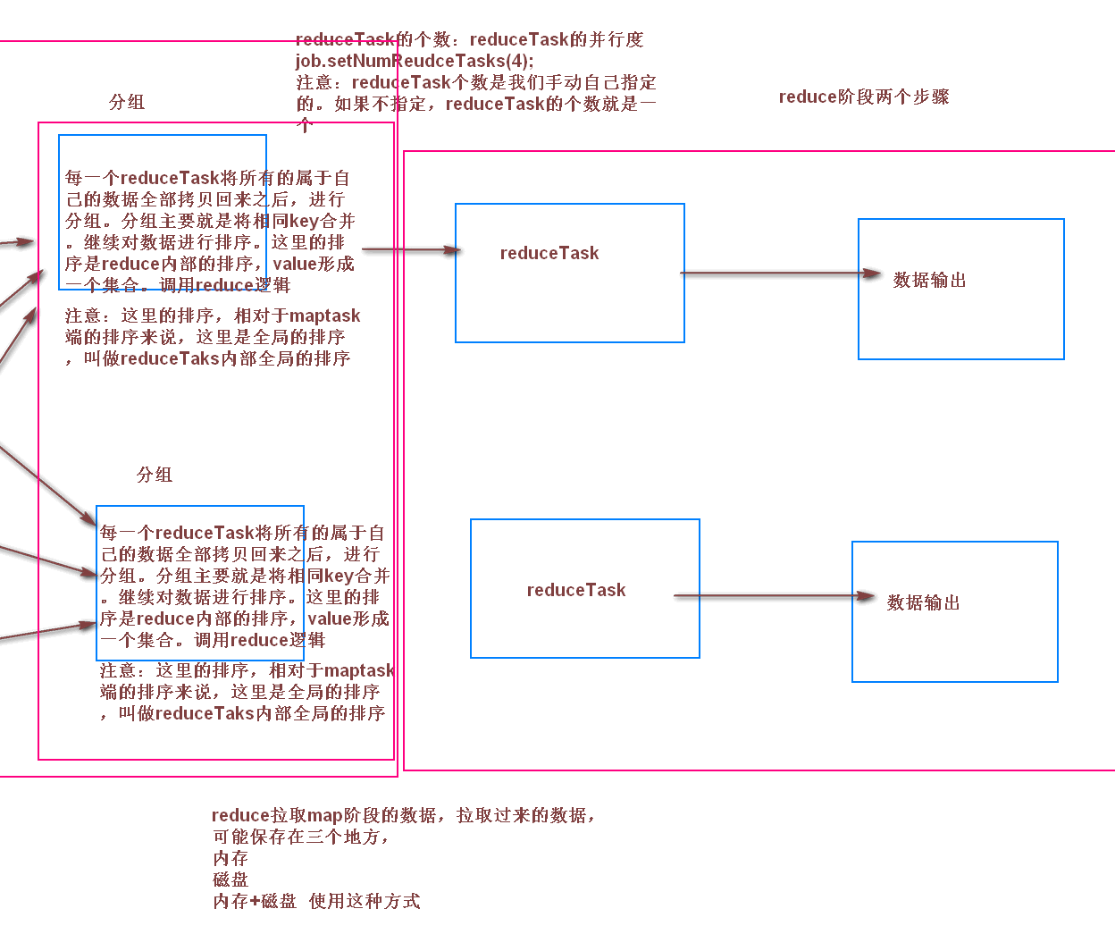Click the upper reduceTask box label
tap(549, 253)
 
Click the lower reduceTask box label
tap(576, 590)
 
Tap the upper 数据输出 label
tap(929, 280)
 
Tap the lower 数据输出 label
tap(923, 602)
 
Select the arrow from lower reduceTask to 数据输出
tap(774, 595)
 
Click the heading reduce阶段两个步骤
tap(863, 97)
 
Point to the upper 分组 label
tap(127, 102)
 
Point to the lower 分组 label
tap(155, 475)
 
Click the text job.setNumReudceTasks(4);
tap(415, 61)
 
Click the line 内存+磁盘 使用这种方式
tap(316, 901)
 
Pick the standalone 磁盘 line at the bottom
tap(231, 879)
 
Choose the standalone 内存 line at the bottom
tap(231, 858)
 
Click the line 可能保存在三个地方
tap(300, 837)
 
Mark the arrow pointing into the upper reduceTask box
tap(411, 249)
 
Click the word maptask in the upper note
tap(324, 316)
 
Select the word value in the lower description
tap(329, 619)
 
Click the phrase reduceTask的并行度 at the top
tap(556, 39)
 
